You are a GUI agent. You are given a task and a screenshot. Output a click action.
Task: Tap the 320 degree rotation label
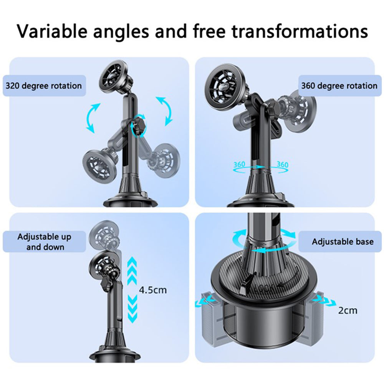pyautogui.click(x=43, y=85)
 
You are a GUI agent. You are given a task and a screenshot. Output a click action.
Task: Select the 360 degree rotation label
pyautogui.click(x=339, y=85)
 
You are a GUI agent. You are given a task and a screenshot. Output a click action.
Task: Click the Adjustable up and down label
pyautogui.click(x=44, y=242)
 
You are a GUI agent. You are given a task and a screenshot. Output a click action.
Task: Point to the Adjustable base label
pyautogui.click(x=342, y=242)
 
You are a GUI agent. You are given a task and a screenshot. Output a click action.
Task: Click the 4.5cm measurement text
pyautogui.click(x=153, y=290)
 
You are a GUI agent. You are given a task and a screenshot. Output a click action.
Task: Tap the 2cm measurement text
pyautogui.click(x=348, y=310)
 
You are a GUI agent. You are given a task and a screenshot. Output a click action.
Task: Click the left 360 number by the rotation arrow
pyautogui.click(x=240, y=165)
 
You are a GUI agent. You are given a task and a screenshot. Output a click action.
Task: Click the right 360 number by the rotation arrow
pyautogui.click(x=282, y=165)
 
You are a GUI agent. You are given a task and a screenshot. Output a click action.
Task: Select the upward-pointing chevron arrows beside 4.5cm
pyautogui.click(x=132, y=271)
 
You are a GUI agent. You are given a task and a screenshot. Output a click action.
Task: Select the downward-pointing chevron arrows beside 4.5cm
pyautogui.click(x=132, y=309)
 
